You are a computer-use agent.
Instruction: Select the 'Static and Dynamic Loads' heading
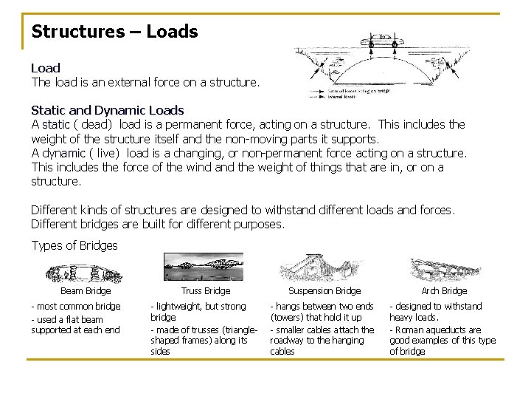coord(107,111)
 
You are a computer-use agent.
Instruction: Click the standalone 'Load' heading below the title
coord(46,68)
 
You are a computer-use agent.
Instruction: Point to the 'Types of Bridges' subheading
coord(74,245)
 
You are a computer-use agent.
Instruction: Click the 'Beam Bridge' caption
coord(86,291)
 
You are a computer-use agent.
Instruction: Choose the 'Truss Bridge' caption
coord(206,291)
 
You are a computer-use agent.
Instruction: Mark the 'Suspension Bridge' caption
coord(324,291)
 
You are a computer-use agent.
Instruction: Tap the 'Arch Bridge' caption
coord(444,291)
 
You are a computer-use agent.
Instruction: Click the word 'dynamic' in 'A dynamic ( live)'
coord(63,153)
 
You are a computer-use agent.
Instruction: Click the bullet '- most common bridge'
coord(75,307)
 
